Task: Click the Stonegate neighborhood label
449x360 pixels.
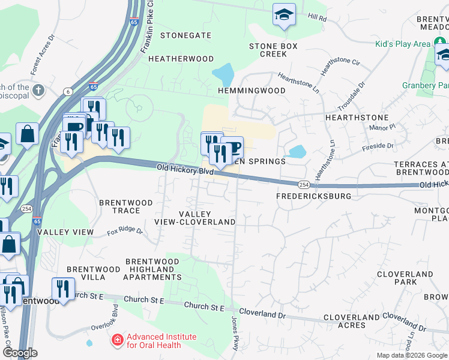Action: point(186,35)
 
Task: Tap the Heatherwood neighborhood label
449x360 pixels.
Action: point(181,59)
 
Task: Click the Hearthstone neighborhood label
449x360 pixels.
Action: point(357,118)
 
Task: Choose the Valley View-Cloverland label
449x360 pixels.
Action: point(207,218)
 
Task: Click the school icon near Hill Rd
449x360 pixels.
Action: point(284,14)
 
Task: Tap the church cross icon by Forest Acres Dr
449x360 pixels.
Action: point(38,91)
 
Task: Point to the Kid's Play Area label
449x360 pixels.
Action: point(403,44)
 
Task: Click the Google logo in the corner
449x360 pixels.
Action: point(20,353)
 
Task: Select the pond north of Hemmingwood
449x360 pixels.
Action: point(223,75)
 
